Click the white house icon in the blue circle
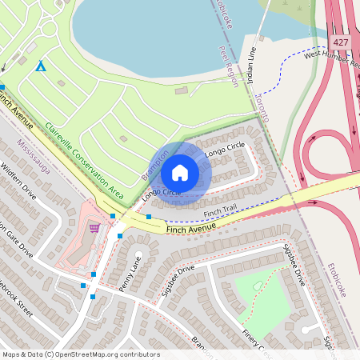(x=180, y=172)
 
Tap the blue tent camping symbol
(x=40, y=66)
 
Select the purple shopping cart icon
(x=94, y=228)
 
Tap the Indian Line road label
(x=250, y=65)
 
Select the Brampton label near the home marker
(x=155, y=163)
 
